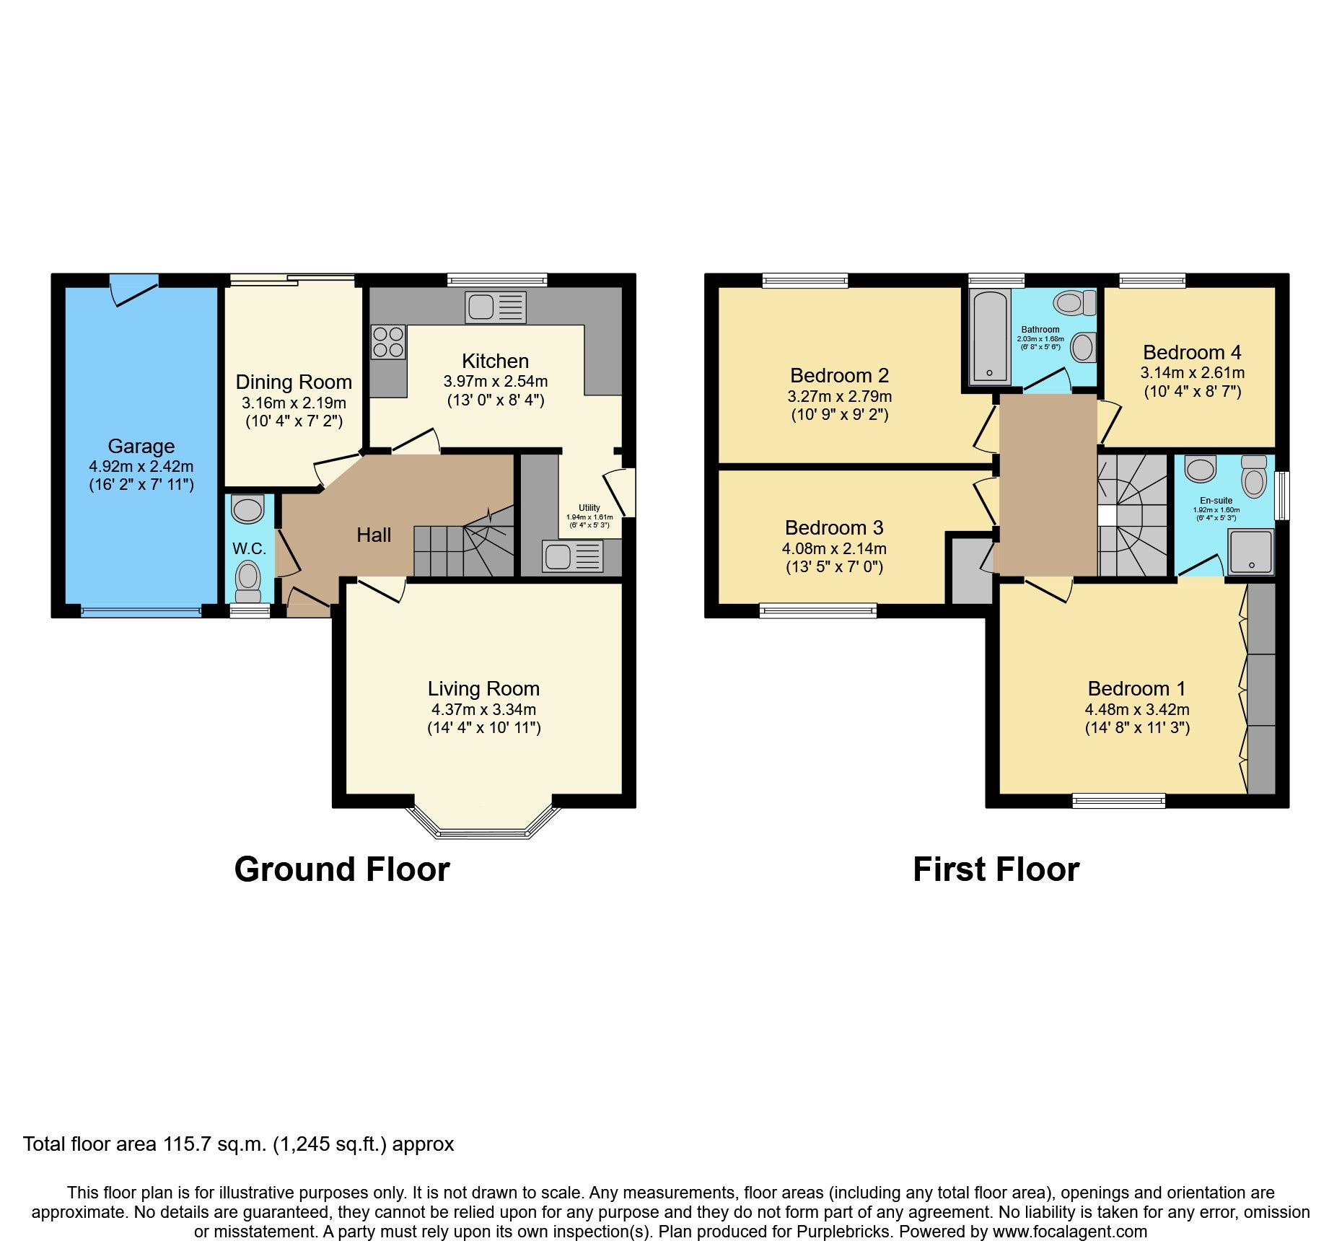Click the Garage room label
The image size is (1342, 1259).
pos(141,447)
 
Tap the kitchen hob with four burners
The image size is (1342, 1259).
pos(388,342)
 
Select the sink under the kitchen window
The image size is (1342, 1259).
pos(496,307)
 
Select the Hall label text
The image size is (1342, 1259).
pos(374,535)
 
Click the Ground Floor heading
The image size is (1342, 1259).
pos(342,869)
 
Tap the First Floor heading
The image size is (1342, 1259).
pos(996,869)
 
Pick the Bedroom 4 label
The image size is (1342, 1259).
pos(1192,352)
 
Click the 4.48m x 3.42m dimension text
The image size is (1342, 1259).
pos(1137,709)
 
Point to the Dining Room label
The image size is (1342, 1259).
pos(294,382)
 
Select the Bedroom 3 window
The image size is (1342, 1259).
pos(818,611)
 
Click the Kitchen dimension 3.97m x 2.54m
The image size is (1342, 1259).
pos(496,381)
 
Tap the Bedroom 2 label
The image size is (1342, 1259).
pos(839,375)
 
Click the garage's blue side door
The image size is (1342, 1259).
pos(133,288)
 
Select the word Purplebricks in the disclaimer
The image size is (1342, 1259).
pos(843,1232)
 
